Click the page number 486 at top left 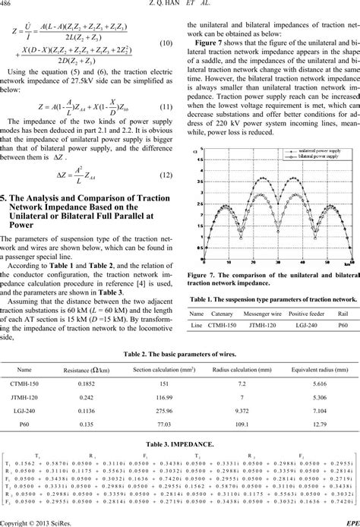[9, 5]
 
